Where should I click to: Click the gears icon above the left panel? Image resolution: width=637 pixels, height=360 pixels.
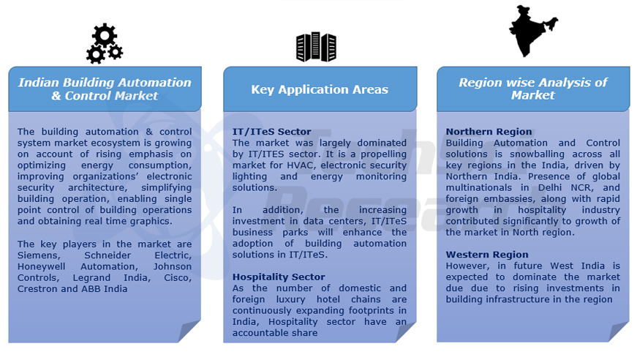coord(105,44)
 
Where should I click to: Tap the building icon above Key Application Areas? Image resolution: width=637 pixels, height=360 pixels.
coord(316,47)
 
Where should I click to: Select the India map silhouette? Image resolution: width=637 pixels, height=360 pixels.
coord(532,31)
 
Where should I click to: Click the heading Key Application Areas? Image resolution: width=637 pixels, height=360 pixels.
coord(320,89)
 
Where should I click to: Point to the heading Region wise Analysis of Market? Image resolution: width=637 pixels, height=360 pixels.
coord(532,89)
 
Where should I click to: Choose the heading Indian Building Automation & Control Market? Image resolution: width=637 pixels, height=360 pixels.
coord(105,89)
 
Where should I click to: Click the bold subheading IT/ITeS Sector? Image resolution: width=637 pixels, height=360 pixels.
coord(271,132)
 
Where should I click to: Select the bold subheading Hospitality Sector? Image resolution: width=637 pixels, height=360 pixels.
coord(279,277)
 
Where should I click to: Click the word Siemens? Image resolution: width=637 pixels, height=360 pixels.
coord(37,255)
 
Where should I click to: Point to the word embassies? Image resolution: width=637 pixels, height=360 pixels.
coord(512,199)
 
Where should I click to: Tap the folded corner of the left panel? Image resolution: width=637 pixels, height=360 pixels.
coord(189,331)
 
